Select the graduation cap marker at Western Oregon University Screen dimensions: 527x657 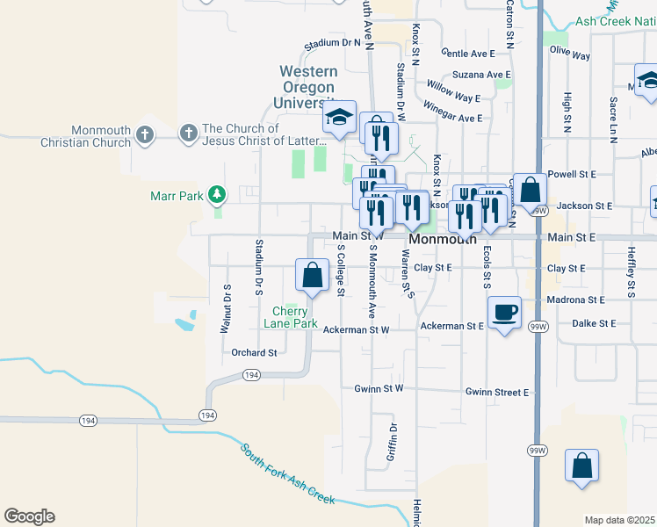339,117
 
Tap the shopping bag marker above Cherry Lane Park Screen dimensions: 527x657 313,275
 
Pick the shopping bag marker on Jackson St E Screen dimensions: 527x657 531,190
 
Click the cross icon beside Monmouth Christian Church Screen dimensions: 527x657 146,135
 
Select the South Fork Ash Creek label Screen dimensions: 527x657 288,473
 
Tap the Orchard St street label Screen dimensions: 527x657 254,353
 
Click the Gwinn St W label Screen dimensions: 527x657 379,388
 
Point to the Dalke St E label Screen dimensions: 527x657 595,323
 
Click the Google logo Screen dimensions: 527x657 29,516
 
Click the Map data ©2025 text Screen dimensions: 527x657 619,520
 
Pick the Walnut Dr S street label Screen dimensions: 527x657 226,308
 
